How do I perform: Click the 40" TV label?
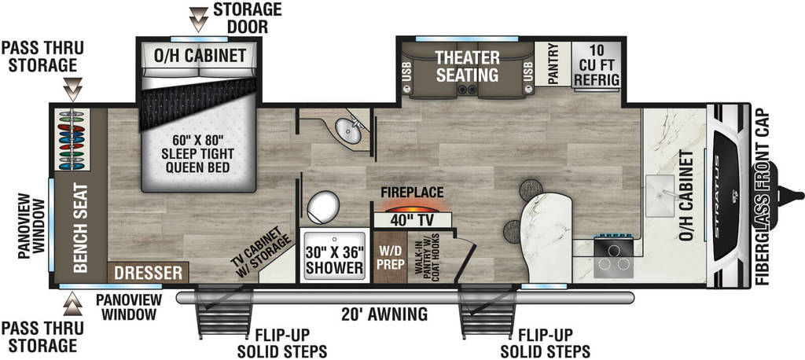click(413, 220)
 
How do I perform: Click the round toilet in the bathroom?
click(323, 207)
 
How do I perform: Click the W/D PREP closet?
click(390, 256)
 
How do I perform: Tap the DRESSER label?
click(149, 273)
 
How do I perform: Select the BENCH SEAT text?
click(81, 228)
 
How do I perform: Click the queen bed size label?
click(197, 153)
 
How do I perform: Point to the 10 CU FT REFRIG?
click(596, 65)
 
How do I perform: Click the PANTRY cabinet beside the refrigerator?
click(553, 64)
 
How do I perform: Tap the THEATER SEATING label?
click(467, 66)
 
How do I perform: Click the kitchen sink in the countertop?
click(660, 196)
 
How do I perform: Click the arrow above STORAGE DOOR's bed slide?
click(198, 19)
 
